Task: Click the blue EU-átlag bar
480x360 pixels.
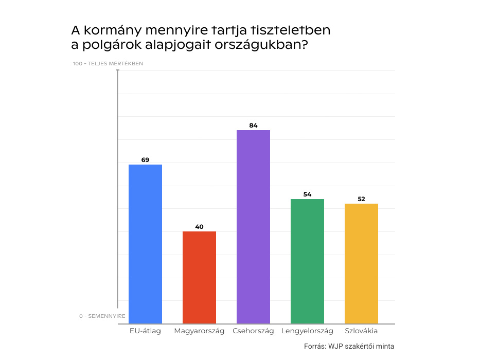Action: [x=145, y=244]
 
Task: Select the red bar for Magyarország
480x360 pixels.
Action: [x=199, y=277]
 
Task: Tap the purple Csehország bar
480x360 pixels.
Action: [x=253, y=227]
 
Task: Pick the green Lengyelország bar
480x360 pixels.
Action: [x=307, y=261]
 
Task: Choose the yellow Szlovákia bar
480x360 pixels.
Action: [x=361, y=263]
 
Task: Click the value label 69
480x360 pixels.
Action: [x=145, y=160]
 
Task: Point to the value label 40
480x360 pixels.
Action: [x=199, y=227]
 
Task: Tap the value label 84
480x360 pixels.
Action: [x=253, y=125]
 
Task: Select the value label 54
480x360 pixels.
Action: [x=307, y=194]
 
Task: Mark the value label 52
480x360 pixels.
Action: [x=361, y=199]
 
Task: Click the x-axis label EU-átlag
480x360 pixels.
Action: [x=145, y=331]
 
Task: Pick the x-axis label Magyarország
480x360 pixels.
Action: [x=199, y=331]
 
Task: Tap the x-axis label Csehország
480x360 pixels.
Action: [x=253, y=331]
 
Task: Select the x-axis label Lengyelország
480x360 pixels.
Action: [x=307, y=331]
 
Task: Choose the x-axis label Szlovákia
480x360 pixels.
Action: [x=361, y=331]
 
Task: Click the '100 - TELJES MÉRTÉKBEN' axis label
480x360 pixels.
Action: [x=108, y=64]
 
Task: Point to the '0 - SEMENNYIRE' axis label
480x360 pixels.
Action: [x=102, y=316]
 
